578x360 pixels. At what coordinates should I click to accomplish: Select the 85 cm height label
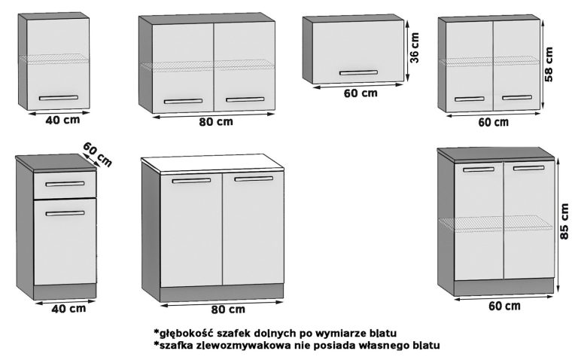tap(565, 221)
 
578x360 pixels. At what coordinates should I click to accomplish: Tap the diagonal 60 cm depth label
tap(98, 154)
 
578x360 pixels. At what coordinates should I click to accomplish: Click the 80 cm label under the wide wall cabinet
tap(215, 122)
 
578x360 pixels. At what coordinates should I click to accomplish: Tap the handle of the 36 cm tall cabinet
tap(358, 72)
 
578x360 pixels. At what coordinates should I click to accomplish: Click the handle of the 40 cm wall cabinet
tap(58, 97)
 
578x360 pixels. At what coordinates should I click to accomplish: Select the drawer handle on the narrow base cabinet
tap(65, 183)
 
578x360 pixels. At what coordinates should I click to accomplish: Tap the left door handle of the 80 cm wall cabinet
tap(183, 100)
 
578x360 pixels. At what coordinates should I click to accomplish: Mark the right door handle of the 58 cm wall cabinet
tap(517, 97)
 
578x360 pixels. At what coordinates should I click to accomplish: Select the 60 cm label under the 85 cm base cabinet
tap(503, 305)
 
